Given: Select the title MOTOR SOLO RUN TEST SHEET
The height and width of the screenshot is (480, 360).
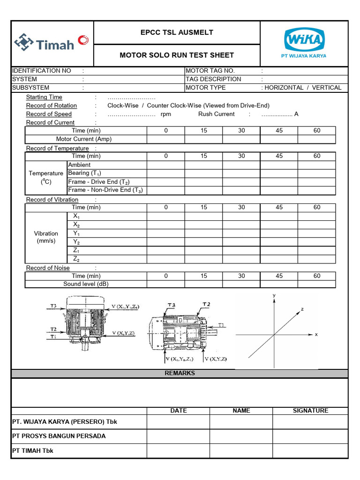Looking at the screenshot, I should (x=177, y=55).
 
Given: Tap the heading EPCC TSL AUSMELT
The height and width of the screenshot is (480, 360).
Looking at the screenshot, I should (x=177, y=32).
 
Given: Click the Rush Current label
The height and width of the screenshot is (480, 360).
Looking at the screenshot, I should (x=216, y=114).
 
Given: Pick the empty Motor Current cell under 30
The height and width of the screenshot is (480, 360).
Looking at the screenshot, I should (x=241, y=139).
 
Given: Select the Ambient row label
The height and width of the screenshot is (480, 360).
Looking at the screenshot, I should (x=80, y=165).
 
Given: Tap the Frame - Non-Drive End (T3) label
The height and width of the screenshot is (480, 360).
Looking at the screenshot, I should (x=105, y=190).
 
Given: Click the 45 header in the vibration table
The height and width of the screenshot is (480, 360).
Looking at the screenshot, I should (x=279, y=207).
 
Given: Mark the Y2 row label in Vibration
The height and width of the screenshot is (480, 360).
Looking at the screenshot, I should (x=76, y=242).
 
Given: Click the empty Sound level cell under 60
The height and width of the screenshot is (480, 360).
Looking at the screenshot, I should (x=317, y=284).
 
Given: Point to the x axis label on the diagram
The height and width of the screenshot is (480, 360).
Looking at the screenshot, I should (x=316, y=335).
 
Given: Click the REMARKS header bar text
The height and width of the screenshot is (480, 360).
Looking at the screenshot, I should (x=180, y=374).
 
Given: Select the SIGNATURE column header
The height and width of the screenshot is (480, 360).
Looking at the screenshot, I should (x=310, y=411).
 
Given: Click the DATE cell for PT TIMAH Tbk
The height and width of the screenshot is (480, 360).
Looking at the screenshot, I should (x=178, y=451).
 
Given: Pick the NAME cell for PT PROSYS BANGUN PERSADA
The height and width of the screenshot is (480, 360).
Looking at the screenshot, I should (x=241, y=436).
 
